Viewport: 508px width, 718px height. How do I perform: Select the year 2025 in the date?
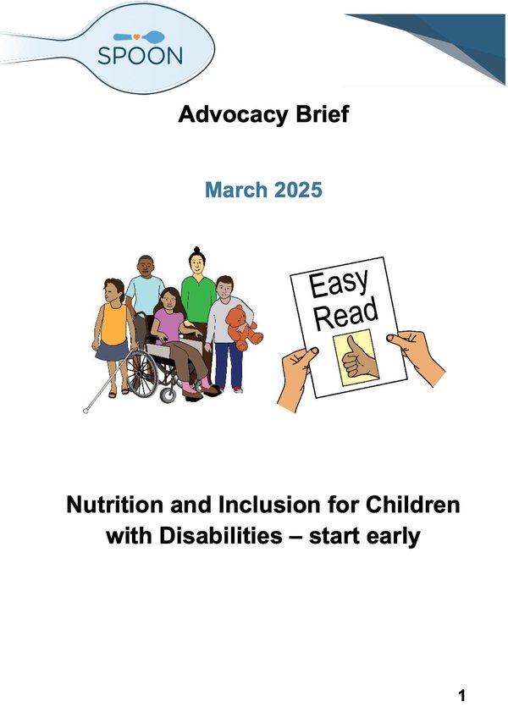coord(297,189)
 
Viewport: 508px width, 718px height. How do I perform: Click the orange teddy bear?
coord(244,328)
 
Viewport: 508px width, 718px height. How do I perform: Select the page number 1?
coord(462,696)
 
